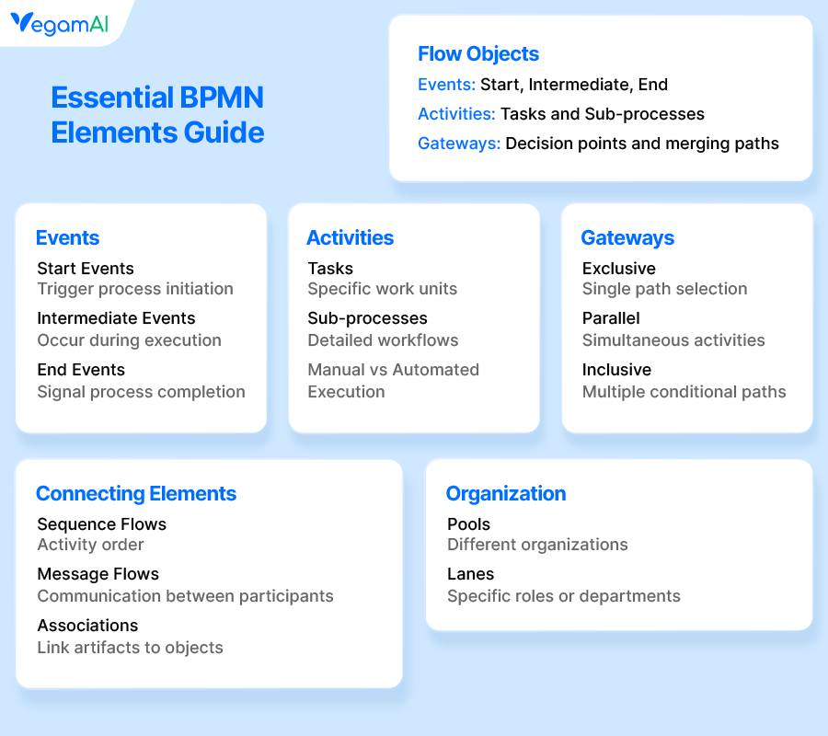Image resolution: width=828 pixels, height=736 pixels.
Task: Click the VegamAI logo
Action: [x=60, y=24]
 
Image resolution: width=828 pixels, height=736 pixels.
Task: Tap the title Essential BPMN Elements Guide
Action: [x=157, y=115]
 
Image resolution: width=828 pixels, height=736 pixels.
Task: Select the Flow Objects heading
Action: [x=478, y=53]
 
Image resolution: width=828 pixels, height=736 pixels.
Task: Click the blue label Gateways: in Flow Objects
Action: [x=459, y=144]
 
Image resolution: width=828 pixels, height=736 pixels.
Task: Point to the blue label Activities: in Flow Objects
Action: [x=456, y=114]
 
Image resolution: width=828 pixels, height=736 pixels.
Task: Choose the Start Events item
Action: [x=86, y=269]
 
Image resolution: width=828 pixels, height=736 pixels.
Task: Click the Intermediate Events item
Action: [x=116, y=318]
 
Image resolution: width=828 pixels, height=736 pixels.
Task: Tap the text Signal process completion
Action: [x=141, y=392]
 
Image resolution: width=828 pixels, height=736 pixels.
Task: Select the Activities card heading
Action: [x=350, y=237]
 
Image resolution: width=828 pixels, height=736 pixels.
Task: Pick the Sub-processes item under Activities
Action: [x=367, y=318]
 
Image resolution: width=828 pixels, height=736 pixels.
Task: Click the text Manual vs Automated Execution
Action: [x=393, y=381]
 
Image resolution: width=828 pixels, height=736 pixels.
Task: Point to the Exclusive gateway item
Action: [x=619, y=269]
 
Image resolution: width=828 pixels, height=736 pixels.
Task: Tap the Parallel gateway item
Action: [x=611, y=318]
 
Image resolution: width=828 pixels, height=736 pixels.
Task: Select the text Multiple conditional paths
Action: [x=684, y=392]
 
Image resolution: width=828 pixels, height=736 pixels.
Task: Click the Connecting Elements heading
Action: [x=136, y=493]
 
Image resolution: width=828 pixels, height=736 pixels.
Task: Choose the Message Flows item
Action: [x=98, y=574]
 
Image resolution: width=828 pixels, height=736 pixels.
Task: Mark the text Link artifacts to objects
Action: [x=130, y=648]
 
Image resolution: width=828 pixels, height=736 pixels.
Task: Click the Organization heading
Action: [x=506, y=493]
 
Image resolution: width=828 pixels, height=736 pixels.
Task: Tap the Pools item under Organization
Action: [x=468, y=524]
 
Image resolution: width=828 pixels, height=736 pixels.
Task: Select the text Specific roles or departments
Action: [x=564, y=596]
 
